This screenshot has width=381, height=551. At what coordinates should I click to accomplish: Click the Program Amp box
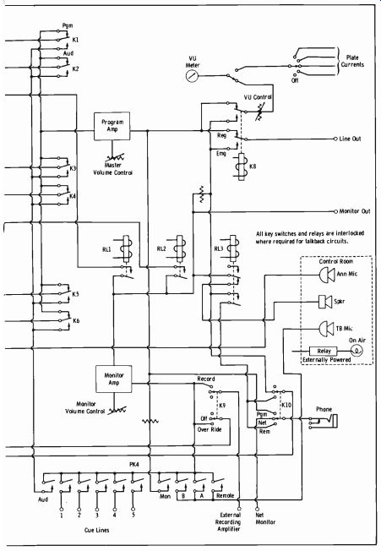[x=112, y=126]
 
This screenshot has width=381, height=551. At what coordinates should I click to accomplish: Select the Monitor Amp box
[x=114, y=379]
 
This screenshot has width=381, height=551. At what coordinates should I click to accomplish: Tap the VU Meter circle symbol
[x=192, y=75]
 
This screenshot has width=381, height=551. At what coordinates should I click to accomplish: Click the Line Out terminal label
[x=350, y=139]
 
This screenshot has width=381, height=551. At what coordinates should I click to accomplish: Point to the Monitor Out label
[x=355, y=211]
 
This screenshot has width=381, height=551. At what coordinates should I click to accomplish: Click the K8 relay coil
[x=242, y=167]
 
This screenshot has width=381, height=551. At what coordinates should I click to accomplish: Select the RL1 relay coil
[x=126, y=248]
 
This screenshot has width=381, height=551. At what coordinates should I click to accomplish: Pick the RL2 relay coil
[x=180, y=248]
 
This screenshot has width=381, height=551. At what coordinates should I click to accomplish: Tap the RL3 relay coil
[x=233, y=248]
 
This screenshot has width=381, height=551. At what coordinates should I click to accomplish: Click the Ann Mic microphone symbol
[x=326, y=275]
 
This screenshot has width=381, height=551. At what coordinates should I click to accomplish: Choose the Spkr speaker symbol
[x=325, y=302]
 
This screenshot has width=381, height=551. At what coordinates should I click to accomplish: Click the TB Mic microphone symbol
[x=326, y=329]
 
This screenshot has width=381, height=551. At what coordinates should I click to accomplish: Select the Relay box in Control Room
[x=323, y=351]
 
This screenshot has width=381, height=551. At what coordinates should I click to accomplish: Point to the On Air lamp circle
[x=357, y=351]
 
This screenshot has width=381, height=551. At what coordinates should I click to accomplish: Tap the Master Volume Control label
[x=112, y=169]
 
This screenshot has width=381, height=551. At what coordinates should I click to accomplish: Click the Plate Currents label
[x=352, y=61]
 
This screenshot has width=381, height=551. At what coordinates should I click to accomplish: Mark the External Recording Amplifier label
[x=229, y=521]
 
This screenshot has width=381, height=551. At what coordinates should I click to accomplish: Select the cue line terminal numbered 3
[x=97, y=510]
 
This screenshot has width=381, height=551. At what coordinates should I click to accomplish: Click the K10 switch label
[x=286, y=405]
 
